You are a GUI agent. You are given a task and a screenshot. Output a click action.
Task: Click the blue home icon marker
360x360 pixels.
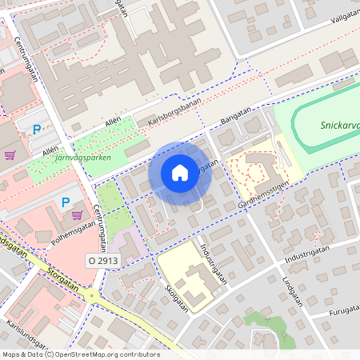pyautogui.click(x=180, y=173)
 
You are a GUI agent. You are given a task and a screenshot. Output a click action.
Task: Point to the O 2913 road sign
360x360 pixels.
pyautogui.click(x=103, y=261)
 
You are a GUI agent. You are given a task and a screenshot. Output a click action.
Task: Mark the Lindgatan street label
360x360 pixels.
pyautogui.click(x=297, y=295)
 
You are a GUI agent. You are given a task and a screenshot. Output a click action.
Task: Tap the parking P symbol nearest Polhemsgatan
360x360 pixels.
pyautogui.click(x=66, y=202)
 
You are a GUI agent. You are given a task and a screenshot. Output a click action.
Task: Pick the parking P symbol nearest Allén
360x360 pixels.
pyautogui.click(x=36, y=129)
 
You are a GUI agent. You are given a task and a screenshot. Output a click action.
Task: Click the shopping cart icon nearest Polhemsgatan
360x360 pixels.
pyautogui.click(x=77, y=214)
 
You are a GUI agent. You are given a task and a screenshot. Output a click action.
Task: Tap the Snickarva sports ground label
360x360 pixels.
pyautogui.click(x=339, y=125)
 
